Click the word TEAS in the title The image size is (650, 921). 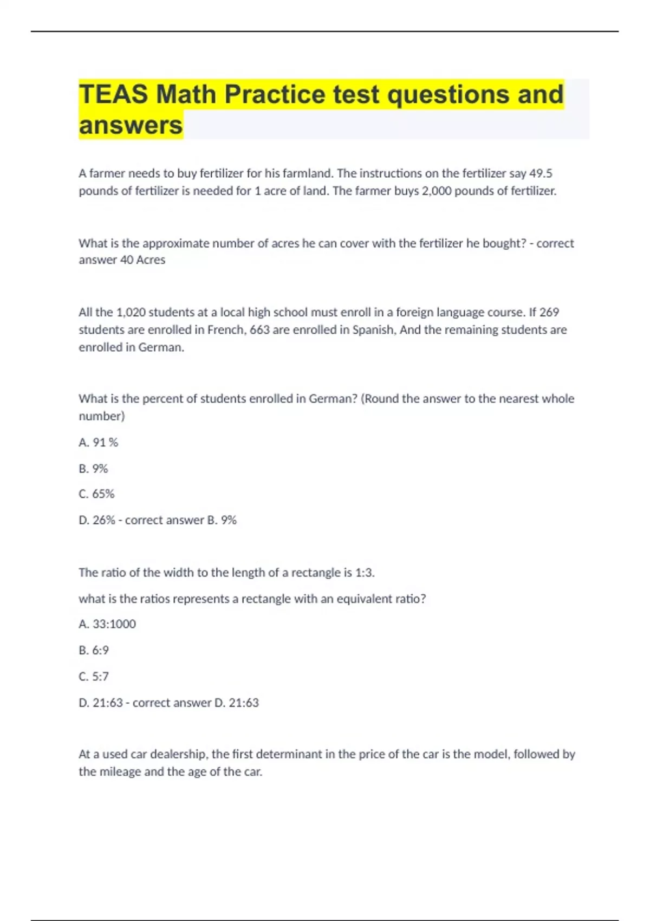click(x=113, y=94)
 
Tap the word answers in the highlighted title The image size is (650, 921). click(x=131, y=125)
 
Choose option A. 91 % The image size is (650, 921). click(x=98, y=443)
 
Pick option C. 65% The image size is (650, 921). click(x=96, y=494)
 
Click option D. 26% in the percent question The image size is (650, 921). click(x=97, y=520)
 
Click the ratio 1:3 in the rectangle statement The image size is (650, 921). click(x=363, y=573)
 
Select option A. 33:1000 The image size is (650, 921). click(x=107, y=624)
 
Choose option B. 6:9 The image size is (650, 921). click(x=94, y=650)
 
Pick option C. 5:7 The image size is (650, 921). click(x=94, y=677)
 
